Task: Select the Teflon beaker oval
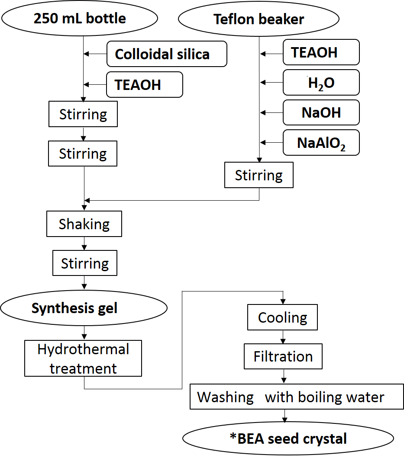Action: [259, 20]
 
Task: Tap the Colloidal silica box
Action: [167, 54]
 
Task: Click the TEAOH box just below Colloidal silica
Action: [145, 84]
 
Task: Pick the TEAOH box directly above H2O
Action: [321, 52]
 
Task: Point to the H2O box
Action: [321, 82]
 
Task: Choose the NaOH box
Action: [321, 112]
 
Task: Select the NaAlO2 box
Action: [321, 142]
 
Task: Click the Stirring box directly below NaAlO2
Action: [259, 175]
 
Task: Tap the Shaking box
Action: [84, 224]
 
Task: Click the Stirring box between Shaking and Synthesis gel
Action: [84, 263]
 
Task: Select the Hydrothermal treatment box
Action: [83, 359]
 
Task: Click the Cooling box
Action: [282, 317]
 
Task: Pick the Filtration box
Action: [283, 356]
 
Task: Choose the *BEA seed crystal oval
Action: [288, 439]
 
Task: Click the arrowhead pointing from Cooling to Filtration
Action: [283, 341]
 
